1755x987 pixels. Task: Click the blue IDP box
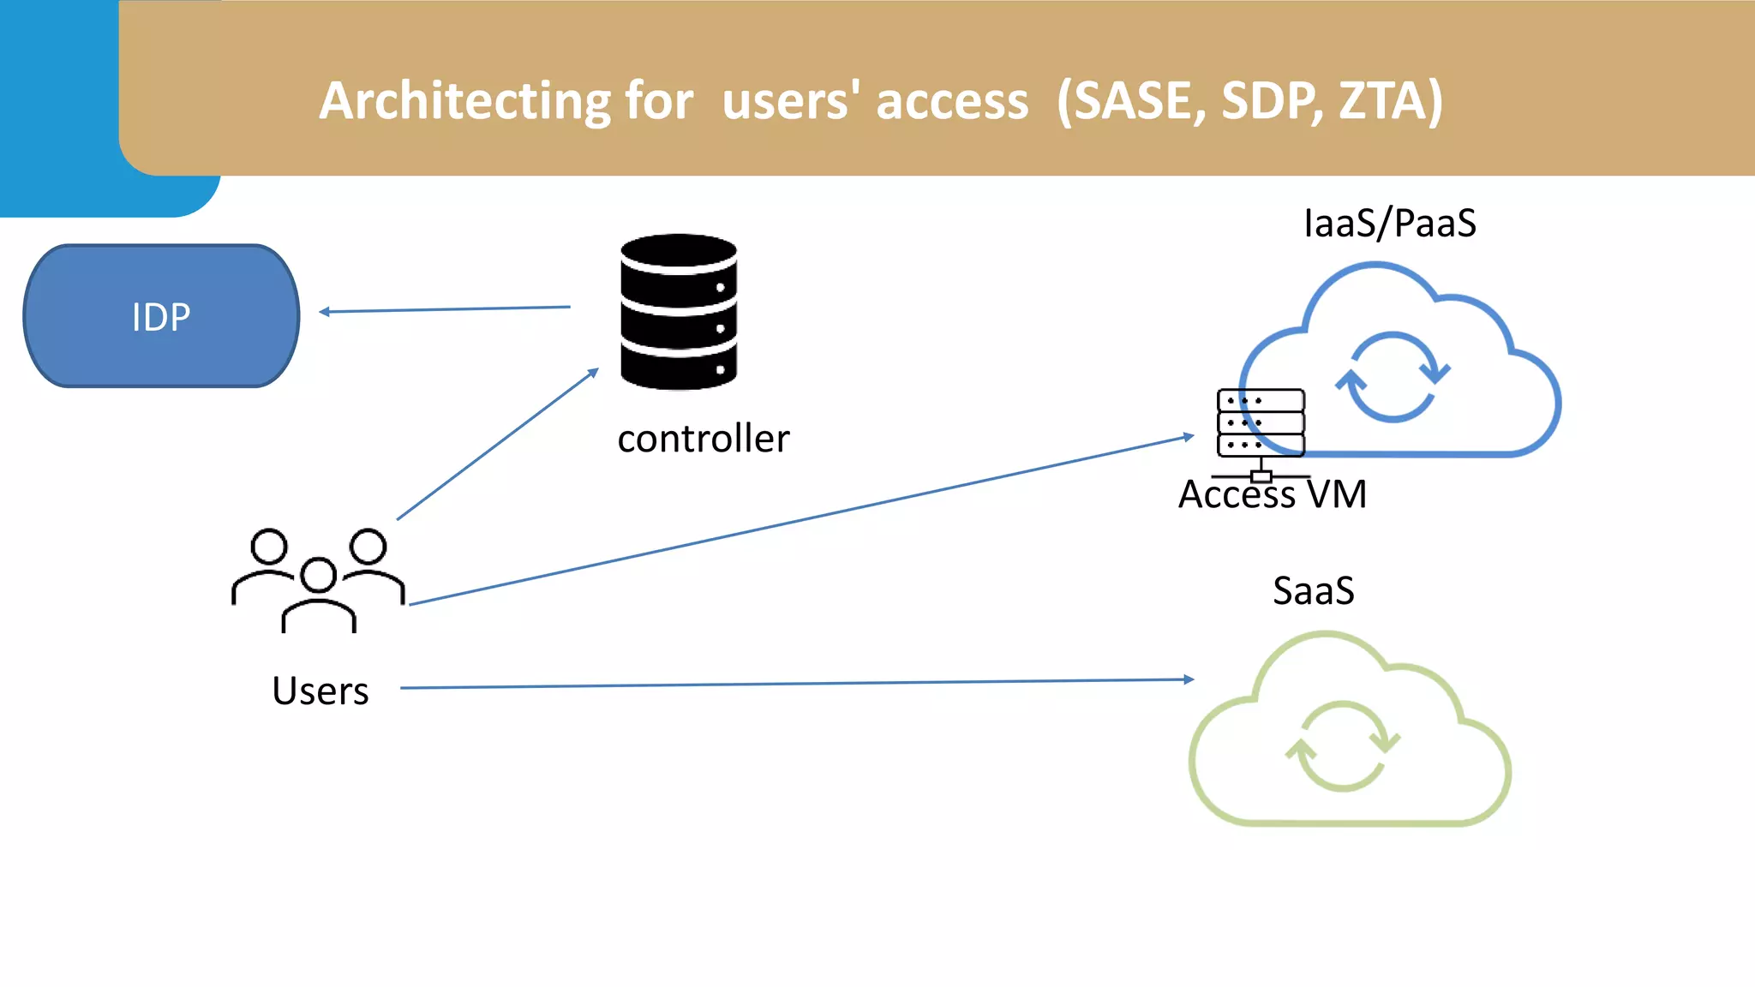tap(161, 316)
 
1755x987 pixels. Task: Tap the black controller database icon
tap(679, 312)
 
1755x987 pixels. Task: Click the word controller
tap(703, 439)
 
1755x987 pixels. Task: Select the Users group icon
tap(318, 580)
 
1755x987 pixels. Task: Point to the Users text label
tap(320, 691)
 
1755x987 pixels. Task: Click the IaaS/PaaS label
tap(1389, 224)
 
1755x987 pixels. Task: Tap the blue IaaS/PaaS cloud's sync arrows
tap(1393, 377)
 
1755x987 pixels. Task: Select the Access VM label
tap(1272, 495)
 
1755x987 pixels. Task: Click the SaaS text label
tap(1313, 591)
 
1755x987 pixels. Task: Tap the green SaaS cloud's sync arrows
tap(1342, 745)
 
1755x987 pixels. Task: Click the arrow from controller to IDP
tap(446, 309)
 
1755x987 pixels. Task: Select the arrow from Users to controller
tap(497, 445)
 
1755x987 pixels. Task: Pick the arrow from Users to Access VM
tap(801, 520)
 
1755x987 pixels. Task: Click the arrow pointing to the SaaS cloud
tap(797, 684)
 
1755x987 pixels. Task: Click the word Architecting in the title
tap(464, 101)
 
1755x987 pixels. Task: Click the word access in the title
tap(951, 101)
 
